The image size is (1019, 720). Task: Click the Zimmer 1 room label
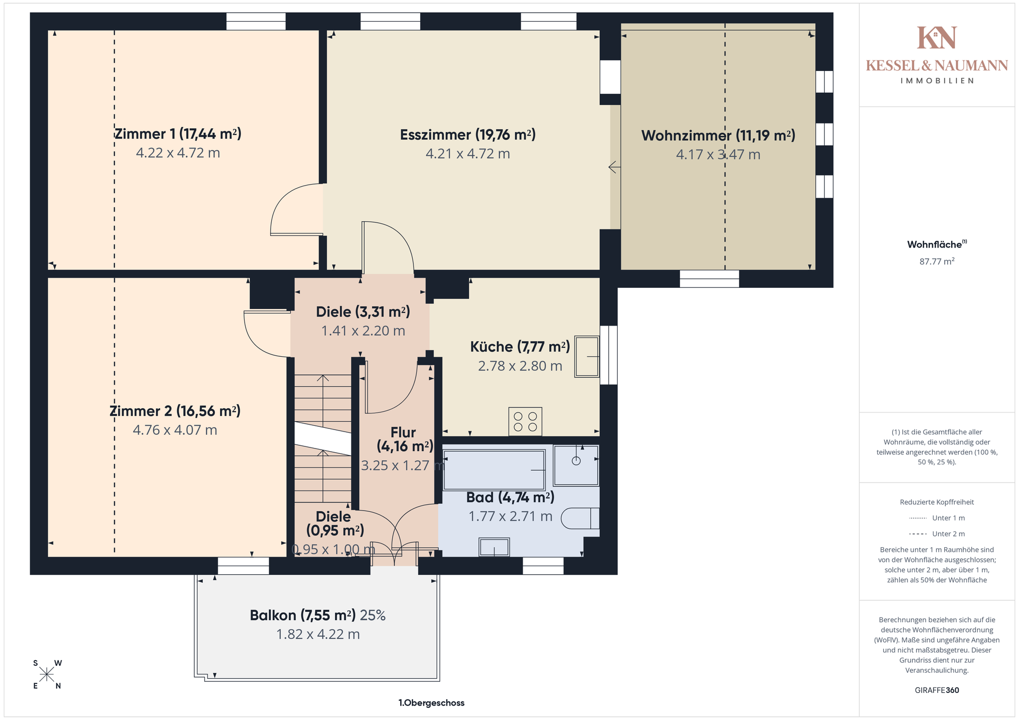click(178, 134)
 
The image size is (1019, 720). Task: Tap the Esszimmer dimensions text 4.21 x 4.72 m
click(468, 154)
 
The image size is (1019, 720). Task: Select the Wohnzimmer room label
click(718, 136)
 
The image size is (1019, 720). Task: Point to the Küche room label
click(520, 347)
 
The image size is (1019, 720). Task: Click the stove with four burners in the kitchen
click(525, 422)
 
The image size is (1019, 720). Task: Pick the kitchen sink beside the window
click(587, 357)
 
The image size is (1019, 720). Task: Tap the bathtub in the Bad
click(494, 470)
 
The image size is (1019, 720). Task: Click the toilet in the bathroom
click(580, 518)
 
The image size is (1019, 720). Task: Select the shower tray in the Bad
click(576, 466)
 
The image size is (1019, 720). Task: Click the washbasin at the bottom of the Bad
click(494, 547)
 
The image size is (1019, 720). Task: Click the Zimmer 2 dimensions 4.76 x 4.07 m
click(175, 430)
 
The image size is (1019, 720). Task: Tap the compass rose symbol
click(47, 674)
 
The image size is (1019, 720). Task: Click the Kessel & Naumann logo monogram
click(937, 38)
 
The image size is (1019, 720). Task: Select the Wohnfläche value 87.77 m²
click(937, 261)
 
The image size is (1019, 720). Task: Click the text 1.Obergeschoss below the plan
click(431, 703)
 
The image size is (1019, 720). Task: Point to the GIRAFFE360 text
click(937, 690)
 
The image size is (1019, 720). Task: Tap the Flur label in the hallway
click(403, 432)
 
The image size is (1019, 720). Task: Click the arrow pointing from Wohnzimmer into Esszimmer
click(615, 168)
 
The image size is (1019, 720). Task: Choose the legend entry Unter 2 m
click(937, 534)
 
